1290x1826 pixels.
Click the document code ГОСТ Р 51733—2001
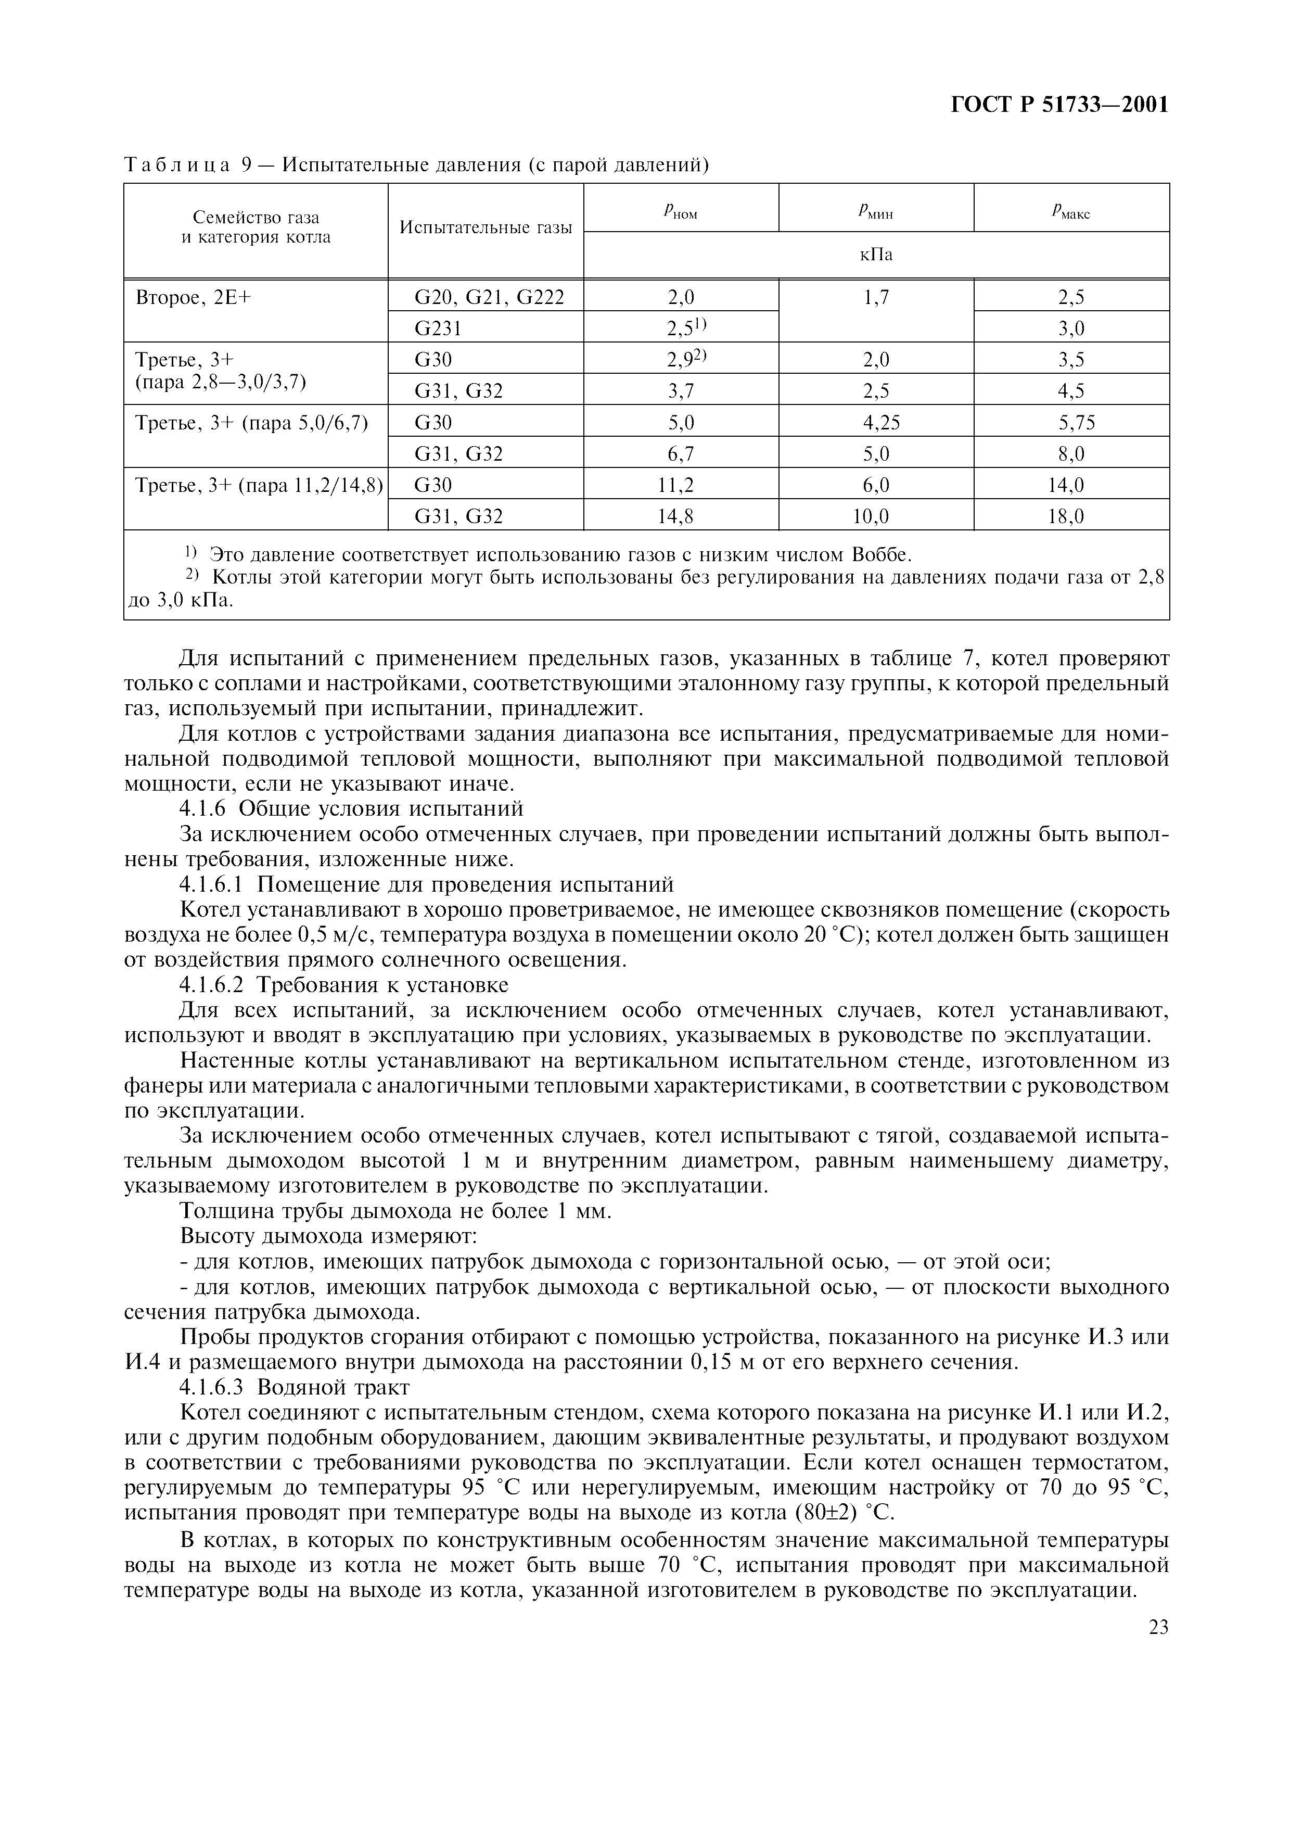(1059, 105)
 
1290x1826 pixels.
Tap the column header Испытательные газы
(485, 227)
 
